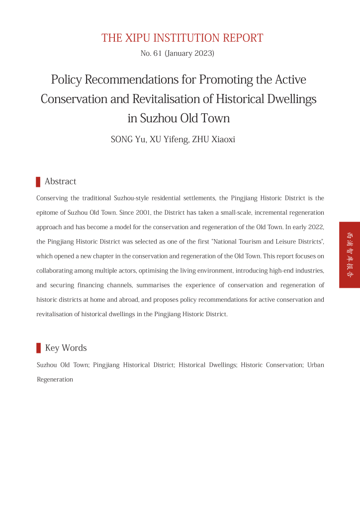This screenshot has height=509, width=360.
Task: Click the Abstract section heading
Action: pos(60,181)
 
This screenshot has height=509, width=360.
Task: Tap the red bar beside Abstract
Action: pos(38,181)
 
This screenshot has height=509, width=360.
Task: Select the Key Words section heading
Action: pos(66,348)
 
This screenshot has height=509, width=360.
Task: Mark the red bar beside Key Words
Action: pos(38,348)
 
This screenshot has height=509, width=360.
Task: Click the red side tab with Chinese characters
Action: pos(350,255)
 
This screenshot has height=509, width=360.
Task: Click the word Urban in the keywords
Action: pos(315,365)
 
